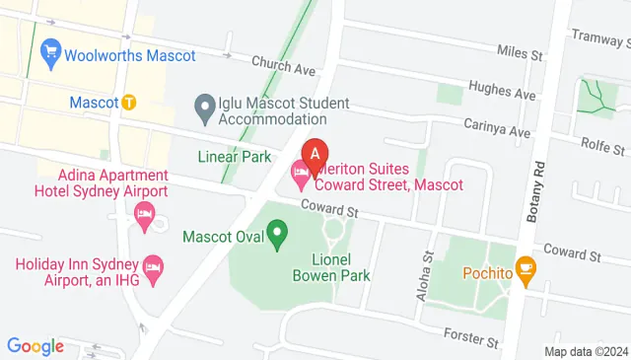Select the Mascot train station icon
click(x=129, y=102)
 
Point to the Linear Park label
click(x=234, y=157)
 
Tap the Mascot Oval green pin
click(x=278, y=236)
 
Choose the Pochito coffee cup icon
click(x=526, y=267)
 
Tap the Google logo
click(x=35, y=346)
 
